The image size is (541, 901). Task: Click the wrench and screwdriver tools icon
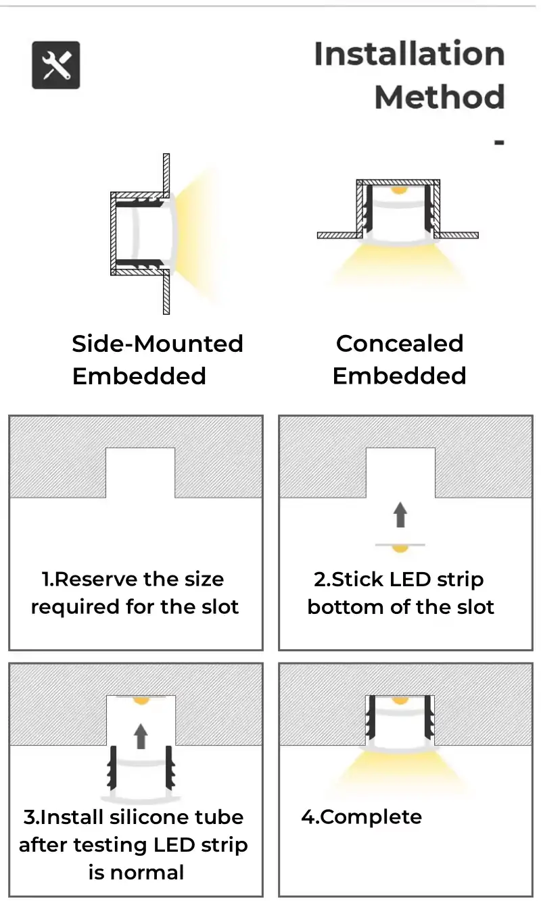(56, 65)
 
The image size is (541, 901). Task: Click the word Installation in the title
(409, 54)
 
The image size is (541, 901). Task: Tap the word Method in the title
(440, 97)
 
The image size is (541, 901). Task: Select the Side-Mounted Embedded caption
(157, 359)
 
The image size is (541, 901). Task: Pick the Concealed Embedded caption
(400, 359)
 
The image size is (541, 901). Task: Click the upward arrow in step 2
(400, 515)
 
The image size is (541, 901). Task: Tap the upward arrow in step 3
(141, 736)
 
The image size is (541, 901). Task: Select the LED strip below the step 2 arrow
(400, 546)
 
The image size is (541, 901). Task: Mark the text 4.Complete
(361, 817)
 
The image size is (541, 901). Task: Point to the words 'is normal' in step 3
(136, 872)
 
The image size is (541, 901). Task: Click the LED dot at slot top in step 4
(400, 700)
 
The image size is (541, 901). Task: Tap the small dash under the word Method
(499, 143)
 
